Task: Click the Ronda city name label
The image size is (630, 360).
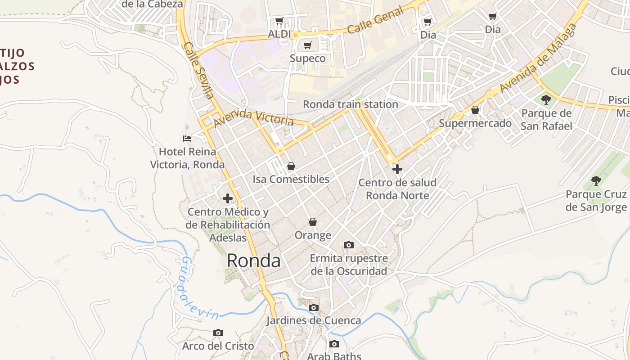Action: coord(253,261)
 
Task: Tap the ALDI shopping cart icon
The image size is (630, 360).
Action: coord(279,21)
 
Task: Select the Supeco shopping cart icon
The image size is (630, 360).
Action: coord(308,45)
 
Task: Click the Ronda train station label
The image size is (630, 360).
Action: coord(351,104)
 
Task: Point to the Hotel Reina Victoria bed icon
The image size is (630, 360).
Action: coord(187,138)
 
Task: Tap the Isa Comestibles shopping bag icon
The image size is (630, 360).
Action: coord(291,166)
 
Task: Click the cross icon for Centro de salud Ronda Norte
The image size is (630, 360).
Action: coord(397,169)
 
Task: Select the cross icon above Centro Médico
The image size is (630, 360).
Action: coord(228,198)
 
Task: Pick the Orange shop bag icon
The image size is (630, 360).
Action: coord(313,222)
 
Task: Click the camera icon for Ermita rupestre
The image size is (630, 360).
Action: coord(349,245)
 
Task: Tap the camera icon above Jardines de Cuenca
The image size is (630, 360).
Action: coord(314,308)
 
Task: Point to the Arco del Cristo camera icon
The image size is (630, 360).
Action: coord(218,333)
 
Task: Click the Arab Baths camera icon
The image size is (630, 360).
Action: coord(334,344)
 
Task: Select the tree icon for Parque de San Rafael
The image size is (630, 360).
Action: coord(546,99)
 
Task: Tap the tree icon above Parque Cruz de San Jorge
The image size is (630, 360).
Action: coord(596,181)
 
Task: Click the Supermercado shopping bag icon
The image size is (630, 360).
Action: coord(475,110)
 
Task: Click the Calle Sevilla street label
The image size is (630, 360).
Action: coord(198,70)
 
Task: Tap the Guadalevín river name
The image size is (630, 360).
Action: coord(199,288)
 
